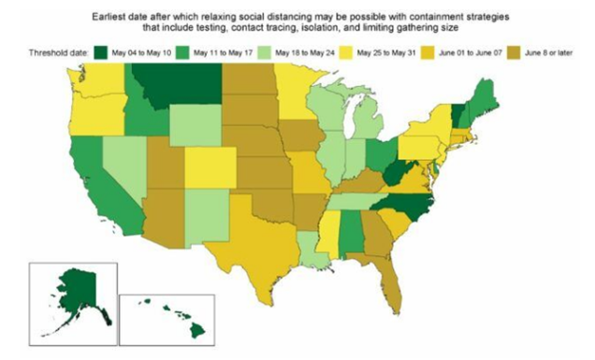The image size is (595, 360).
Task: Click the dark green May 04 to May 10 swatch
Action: (x=100, y=52)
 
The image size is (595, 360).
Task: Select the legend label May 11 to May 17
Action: (x=223, y=52)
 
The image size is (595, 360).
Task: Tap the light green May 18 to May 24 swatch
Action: (x=264, y=52)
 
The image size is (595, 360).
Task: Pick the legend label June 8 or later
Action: (x=548, y=52)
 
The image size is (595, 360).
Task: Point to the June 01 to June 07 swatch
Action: (x=428, y=52)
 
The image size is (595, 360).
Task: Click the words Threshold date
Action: (x=58, y=52)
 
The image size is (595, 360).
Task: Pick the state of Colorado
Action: (x=210, y=167)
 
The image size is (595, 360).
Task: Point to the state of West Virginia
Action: (x=397, y=174)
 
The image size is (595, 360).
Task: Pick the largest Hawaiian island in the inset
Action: (x=197, y=330)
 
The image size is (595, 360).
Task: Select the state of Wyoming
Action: (x=196, y=125)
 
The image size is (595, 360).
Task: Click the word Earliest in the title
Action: (x=107, y=17)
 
